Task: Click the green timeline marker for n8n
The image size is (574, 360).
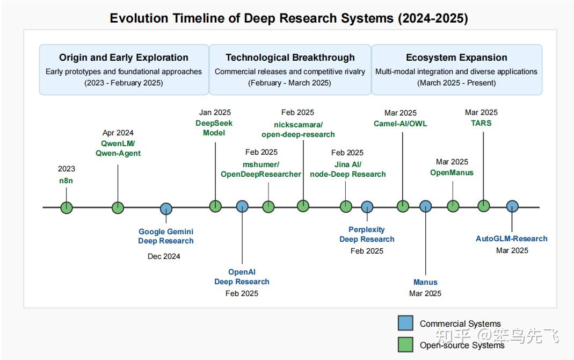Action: coord(66,207)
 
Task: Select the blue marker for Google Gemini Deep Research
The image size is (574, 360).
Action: coord(166,209)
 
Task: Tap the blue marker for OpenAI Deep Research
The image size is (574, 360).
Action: coord(242,206)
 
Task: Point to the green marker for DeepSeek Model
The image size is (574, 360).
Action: coord(215,206)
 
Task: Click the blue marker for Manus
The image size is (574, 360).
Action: coord(425,206)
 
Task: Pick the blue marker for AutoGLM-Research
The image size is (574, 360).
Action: coord(512,206)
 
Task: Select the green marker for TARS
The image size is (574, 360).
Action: coord(484,206)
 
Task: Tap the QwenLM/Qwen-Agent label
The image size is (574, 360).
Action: coord(118,148)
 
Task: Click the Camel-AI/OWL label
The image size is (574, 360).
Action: coord(401,124)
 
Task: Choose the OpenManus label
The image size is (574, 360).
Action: coord(452,172)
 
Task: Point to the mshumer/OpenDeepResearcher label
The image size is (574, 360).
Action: coord(261,169)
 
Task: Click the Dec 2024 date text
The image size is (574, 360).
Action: coord(164,256)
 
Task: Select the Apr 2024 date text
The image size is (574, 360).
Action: coord(118,133)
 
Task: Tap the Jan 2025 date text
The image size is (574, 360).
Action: coord(215,112)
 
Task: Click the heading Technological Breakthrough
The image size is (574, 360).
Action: coord(290,57)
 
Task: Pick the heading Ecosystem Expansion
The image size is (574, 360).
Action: coord(457,57)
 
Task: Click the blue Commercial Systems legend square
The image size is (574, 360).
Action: coord(405,323)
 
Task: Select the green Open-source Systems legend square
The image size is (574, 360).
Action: coord(405,344)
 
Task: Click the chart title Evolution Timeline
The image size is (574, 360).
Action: coord(289,18)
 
